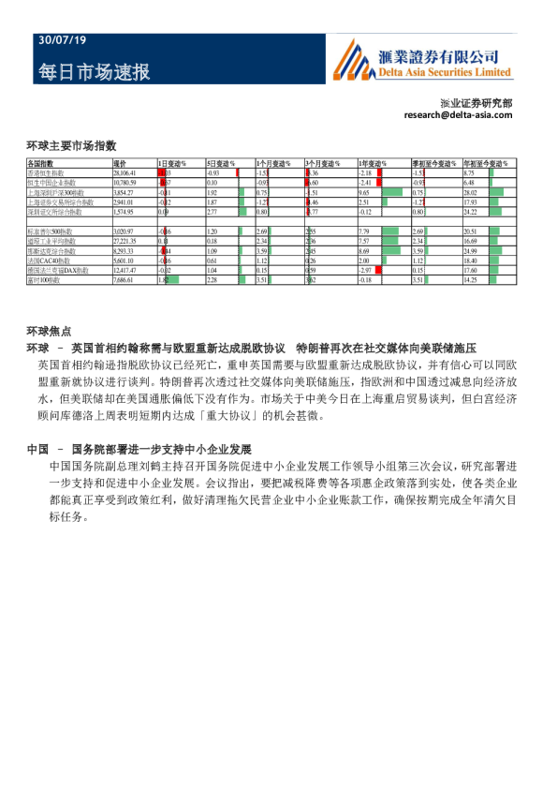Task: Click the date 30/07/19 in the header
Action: (61, 40)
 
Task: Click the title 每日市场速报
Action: (94, 72)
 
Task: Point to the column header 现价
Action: (120, 164)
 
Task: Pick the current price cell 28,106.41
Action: (125, 173)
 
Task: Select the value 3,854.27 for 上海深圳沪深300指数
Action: (124, 192)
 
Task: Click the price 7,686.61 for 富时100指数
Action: (124, 279)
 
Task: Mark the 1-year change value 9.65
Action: (365, 192)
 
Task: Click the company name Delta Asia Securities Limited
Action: (444, 71)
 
